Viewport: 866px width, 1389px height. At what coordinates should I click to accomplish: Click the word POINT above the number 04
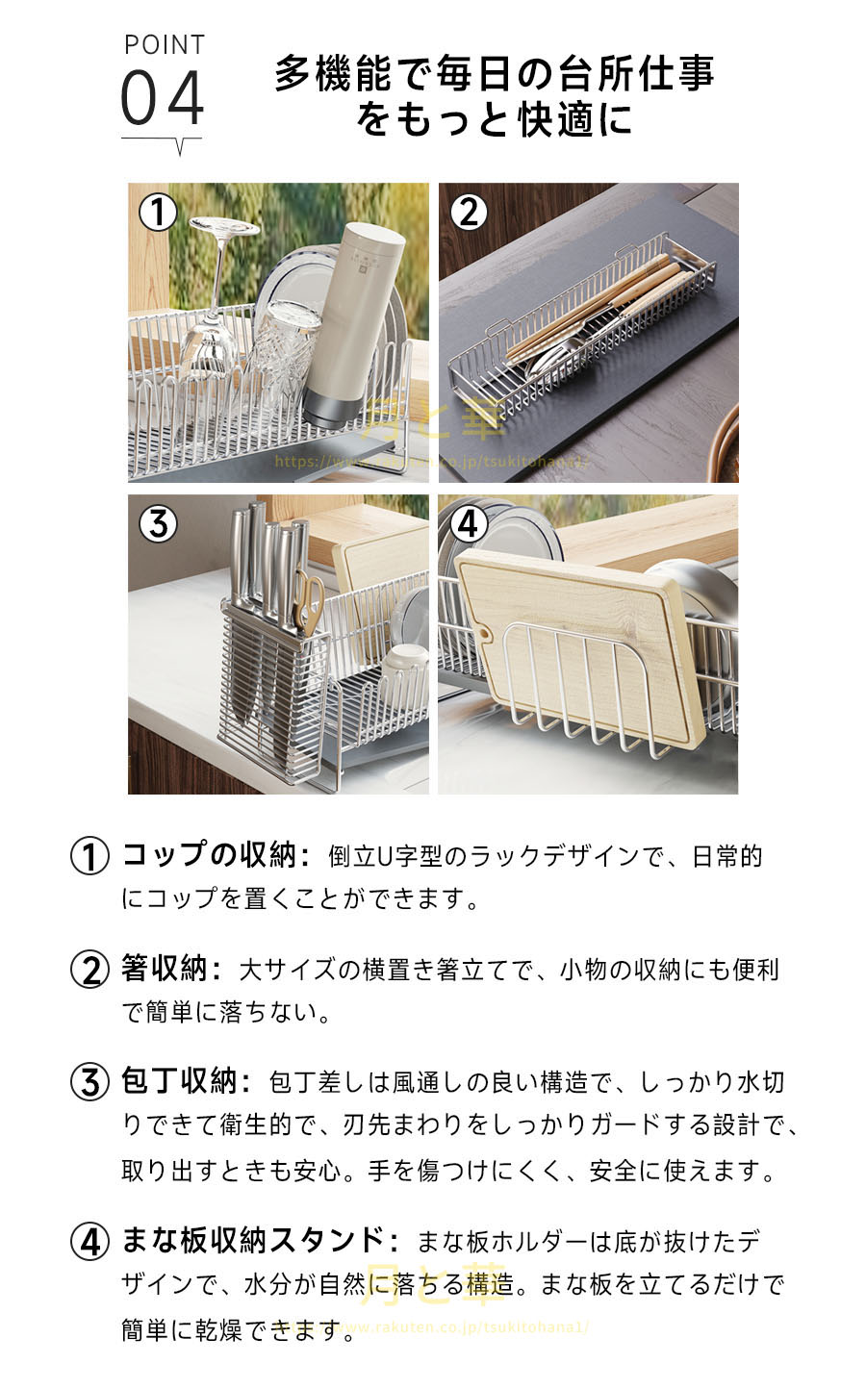click(165, 45)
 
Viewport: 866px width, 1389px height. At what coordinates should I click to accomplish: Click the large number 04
click(162, 98)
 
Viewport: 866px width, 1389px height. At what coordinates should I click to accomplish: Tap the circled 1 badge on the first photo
click(158, 213)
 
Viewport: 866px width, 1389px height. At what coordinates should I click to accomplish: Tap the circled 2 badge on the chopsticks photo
click(469, 213)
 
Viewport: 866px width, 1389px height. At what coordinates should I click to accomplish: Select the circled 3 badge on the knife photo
click(158, 524)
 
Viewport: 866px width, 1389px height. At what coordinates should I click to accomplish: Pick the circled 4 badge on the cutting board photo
click(469, 524)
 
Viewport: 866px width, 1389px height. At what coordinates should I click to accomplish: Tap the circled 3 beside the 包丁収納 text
click(89, 1083)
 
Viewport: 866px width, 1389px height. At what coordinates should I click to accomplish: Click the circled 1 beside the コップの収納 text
click(89, 856)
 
